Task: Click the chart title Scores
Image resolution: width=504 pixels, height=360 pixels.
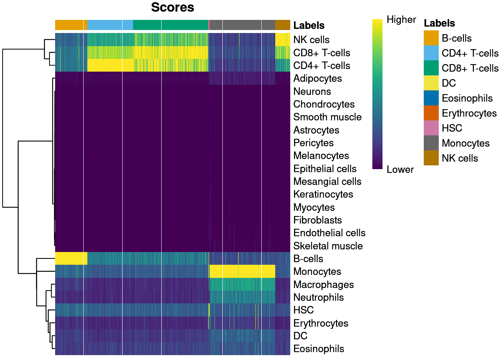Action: click(x=172, y=7)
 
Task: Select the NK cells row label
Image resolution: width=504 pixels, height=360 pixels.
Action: click(x=311, y=40)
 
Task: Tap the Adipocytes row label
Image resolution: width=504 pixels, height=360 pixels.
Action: click(x=317, y=78)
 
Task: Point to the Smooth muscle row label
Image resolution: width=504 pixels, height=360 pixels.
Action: click(x=327, y=117)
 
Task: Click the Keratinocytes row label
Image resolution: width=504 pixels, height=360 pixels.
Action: click(x=323, y=194)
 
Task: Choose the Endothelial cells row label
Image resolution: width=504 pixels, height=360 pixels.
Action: click(x=329, y=233)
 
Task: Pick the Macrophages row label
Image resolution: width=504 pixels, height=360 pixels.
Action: click(x=323, y=285)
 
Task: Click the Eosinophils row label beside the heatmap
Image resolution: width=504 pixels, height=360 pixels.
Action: click(x=318, y=349)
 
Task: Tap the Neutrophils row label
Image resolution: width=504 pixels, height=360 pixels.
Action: click(x=318, y=297)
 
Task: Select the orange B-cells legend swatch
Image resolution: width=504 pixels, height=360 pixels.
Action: click(x=431, y=38)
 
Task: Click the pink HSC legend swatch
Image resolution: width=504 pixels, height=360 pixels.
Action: click(x=431, y=128)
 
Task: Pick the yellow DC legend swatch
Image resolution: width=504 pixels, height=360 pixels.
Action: click(x=431, y=83)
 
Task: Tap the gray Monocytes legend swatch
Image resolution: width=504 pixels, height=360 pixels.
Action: click(x=431, y=143)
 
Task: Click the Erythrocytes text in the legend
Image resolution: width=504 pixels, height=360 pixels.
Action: click(x=469, y=113)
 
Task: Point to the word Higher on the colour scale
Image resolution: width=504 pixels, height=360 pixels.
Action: click(x=401, y=19)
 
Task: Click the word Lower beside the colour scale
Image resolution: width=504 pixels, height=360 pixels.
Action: click(x=400, y=169)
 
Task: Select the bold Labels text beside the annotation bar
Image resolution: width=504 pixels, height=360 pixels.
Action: click(x=309, y=25)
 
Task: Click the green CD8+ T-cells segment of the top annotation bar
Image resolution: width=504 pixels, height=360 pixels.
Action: click(x=171, y=25)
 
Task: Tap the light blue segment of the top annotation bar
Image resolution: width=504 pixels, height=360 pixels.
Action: click(x=110, y=25)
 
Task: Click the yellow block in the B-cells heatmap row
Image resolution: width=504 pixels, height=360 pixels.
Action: click(x=71, y=258)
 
